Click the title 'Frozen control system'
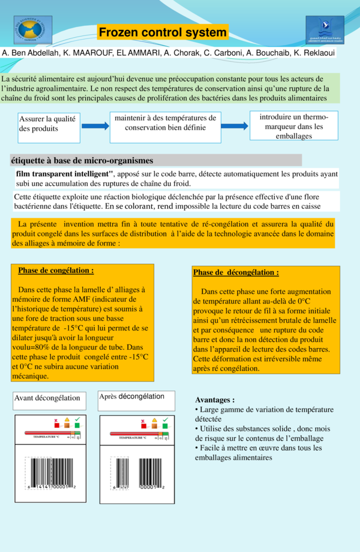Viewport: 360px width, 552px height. click(x=163, y=32)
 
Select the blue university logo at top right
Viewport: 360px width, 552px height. click(x=325, y=29)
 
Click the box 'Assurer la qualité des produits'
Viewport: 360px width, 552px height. click(x=48, y=127)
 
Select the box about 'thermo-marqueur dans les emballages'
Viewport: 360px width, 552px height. click(x=294, y=126)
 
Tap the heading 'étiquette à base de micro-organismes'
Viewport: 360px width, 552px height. click(x=82, y=160)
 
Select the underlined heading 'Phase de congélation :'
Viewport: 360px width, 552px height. click(x=56, y=271)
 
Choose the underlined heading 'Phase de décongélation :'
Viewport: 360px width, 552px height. click(x=236, y=272)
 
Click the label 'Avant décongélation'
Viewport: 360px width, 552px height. click(x=49, y=398)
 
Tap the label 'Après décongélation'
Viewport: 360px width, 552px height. click(x=132, y=397)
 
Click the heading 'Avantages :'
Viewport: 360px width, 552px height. click(x=215, y=400)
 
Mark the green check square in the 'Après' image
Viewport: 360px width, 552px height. click(x=164, y=427)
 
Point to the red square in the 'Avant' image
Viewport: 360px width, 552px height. click(x=56, y=427)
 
